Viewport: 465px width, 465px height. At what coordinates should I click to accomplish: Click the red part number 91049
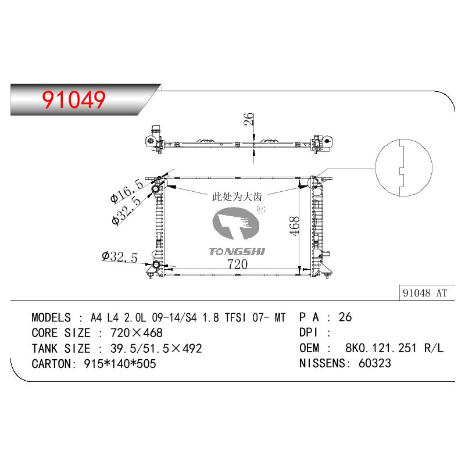[74, 99]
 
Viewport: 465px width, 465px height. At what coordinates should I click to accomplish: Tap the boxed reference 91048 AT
[425, 293]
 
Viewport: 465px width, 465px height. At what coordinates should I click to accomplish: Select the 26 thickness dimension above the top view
[249, 119]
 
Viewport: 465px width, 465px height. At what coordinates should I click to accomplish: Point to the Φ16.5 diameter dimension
[127, 191]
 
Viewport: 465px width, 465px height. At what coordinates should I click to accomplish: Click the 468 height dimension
[294, 226]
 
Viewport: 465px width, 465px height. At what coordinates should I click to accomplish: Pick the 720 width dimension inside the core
[237, 264]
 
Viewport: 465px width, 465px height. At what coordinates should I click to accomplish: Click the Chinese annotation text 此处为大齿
[237, 196]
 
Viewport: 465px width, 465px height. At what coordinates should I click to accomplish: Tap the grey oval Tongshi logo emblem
[236, 223]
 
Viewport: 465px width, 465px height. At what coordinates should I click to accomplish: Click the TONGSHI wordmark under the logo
[237, 252]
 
